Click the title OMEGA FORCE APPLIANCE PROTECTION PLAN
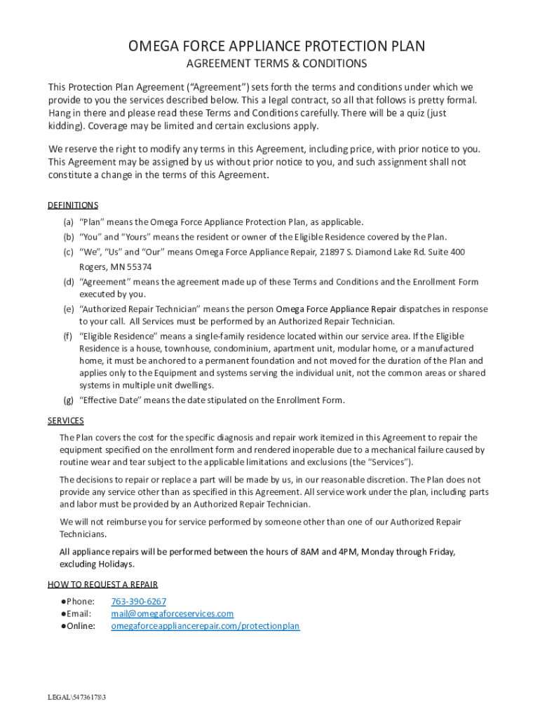point(276,46)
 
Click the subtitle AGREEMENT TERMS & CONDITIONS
point(276,64)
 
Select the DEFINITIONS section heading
point(73,205)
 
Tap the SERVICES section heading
point(66,421)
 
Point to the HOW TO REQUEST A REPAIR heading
point(102,584)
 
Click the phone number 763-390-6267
point(139,602)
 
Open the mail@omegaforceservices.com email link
point(173,614)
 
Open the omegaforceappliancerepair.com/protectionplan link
point(205,626)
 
